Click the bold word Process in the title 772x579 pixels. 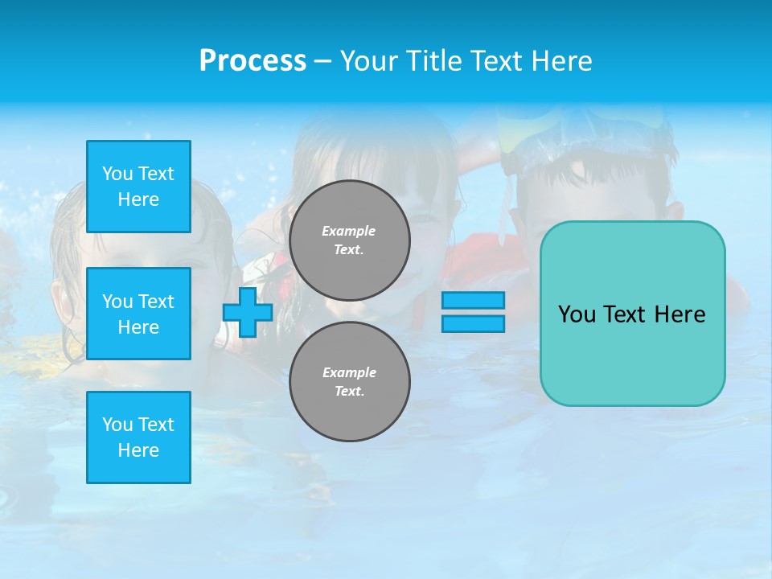(x=253, y=61)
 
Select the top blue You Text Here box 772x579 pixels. (x=138, y=187)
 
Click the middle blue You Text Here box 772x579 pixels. (x=138, y=314)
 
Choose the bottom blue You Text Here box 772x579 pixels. (x=138, y=437)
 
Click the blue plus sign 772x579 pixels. (x=248, y=312)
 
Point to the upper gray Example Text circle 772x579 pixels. (x=350, y=240)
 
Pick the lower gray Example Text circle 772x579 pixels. (x=350, y=382)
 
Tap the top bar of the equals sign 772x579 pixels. (x=473, y=300)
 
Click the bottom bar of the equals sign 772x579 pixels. (x=473, y=323)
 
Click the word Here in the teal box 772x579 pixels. (x=680, y=314)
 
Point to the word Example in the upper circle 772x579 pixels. (x=349, y=231)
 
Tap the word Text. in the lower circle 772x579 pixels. (x=349, y=392)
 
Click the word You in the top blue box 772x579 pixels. (x=117, y=174)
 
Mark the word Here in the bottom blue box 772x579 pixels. (x=138, y=450)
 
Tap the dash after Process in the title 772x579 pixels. (x=322, y=61)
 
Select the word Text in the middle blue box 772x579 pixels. (x=156, y=302)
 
